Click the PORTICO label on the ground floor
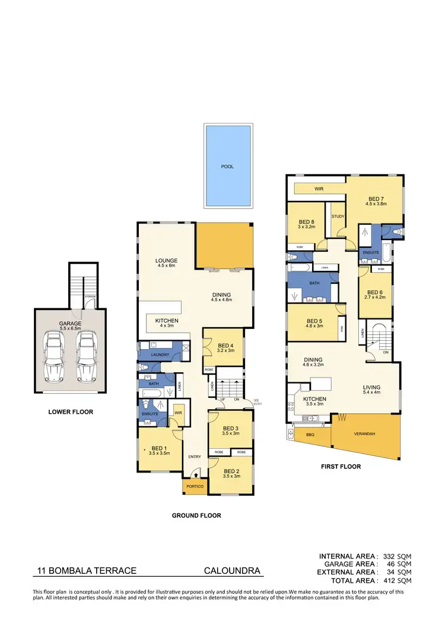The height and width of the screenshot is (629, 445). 195,486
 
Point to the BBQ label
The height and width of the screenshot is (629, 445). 309,435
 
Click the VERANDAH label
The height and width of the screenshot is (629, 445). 365,435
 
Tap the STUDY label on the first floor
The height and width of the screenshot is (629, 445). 338,216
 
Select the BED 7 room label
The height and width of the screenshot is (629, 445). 376,199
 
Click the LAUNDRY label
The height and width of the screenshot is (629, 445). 160,355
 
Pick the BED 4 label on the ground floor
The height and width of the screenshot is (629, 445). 225,346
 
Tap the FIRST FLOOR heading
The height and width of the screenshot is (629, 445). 341,467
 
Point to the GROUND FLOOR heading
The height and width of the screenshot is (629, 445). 196,516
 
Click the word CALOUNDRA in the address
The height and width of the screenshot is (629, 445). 232,571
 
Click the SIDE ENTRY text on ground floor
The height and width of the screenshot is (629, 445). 257,403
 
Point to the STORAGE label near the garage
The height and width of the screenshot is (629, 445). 90,296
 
